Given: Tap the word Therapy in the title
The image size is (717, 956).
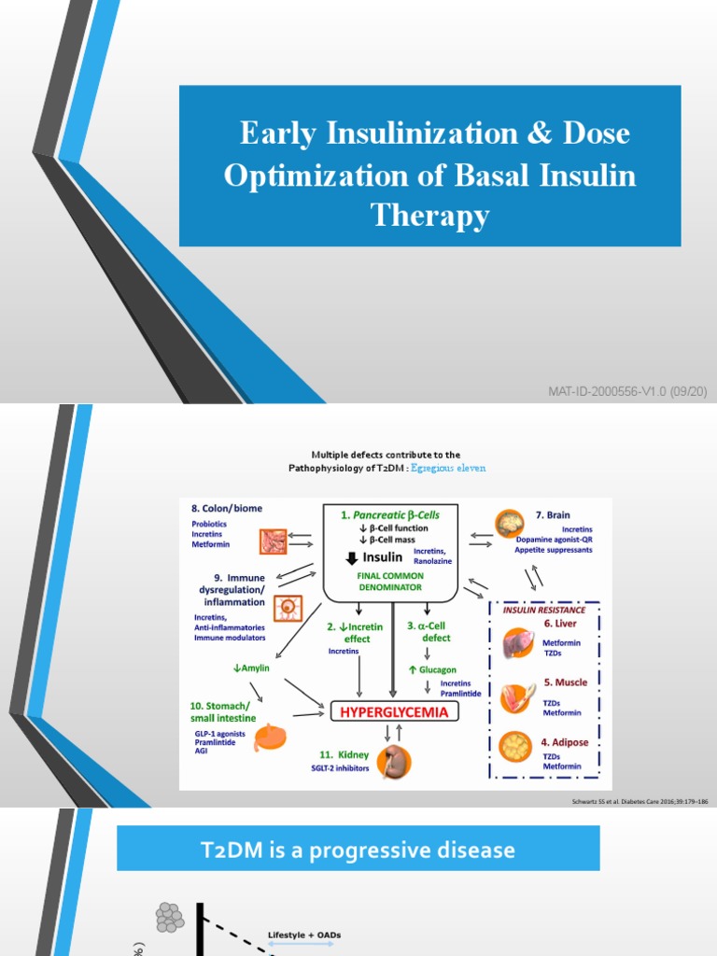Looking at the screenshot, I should click(x=429, y=216).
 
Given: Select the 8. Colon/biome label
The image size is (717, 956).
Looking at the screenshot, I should click(x=227, y=508).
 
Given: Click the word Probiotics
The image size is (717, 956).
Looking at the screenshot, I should click(x=211, y=524).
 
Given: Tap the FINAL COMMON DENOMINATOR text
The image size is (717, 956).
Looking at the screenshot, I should click(x=391, y=582).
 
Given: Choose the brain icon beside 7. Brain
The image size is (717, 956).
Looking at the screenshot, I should click(x=513, y=523).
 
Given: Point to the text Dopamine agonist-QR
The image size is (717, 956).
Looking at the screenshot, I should click(x=554, y=540).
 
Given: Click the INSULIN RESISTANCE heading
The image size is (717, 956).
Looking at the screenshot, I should click(x=544, y=610).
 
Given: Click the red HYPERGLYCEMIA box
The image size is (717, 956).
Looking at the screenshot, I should click(x=392, y=712).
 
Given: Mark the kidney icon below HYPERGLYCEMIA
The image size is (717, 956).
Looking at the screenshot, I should click(x=396, y=758).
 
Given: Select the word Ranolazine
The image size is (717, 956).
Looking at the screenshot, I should click(x=432, y=561).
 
